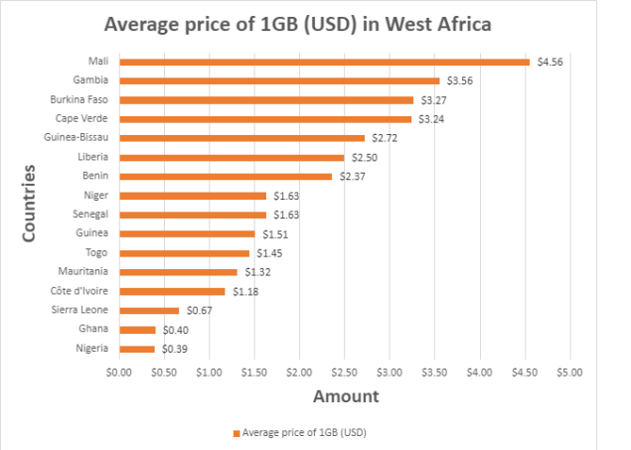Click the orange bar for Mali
(x=324, y=62)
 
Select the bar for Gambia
(x=278, y=80)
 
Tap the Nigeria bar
(x=136, y=349)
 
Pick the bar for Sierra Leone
(x=148, y=310)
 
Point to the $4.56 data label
(x=550, y=62)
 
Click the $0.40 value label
(x=174, y=330)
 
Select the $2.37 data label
(x=352, y=177)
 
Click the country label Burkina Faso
(x=79, y=99)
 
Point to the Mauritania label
(x=83, y=271)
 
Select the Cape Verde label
(x=83, y=119)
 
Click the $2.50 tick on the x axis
(x=344, y=372)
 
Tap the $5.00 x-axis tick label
(x=569, y=372)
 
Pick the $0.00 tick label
(x=118, y=372)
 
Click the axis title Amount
(x=346, y=396)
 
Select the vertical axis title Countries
(x=30, y=203)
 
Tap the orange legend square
(x=237, y=433)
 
